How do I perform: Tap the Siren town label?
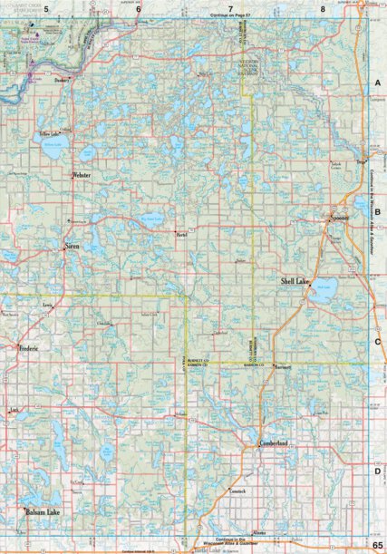point(73,246)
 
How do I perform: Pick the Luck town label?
point(13,411)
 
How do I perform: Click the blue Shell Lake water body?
point(324,292)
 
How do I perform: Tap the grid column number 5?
point(34,7)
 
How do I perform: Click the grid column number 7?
point(231,7)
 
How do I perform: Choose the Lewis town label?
point(47,307)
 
